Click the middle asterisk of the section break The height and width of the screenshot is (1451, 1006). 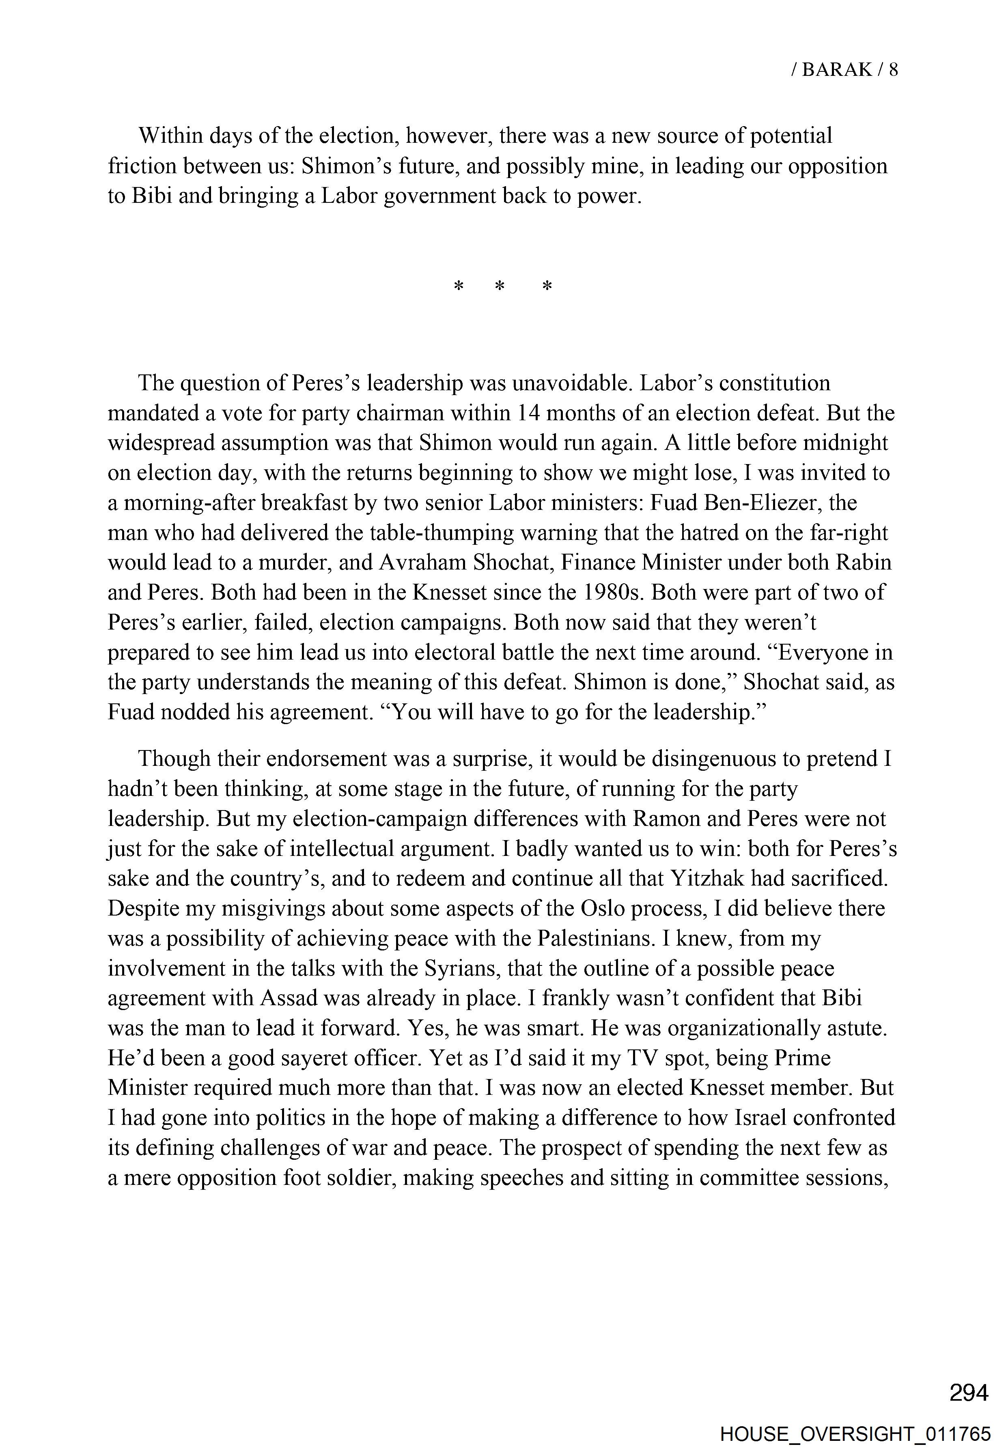500,287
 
